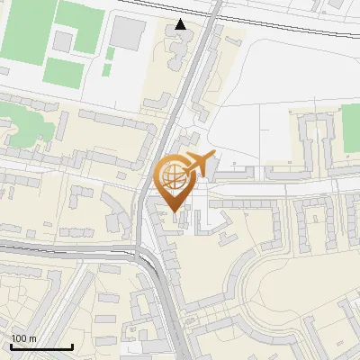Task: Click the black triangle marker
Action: point(181,24)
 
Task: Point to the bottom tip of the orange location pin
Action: point(175,213)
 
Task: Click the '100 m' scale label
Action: point(23,337)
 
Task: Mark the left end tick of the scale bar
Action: point(11,346)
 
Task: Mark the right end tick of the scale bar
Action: point(72,346)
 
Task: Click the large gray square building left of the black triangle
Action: point(129,34)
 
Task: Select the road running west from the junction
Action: point(63,245)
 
